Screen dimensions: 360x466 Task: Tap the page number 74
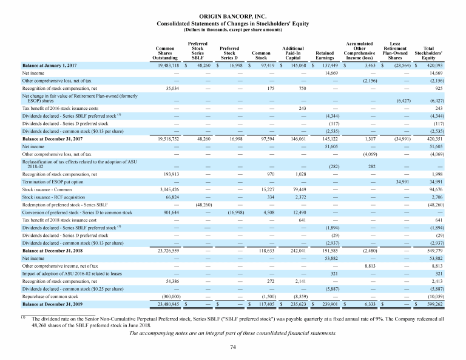coord(232,347)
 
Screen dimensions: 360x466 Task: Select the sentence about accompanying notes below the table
coord(232,333)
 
